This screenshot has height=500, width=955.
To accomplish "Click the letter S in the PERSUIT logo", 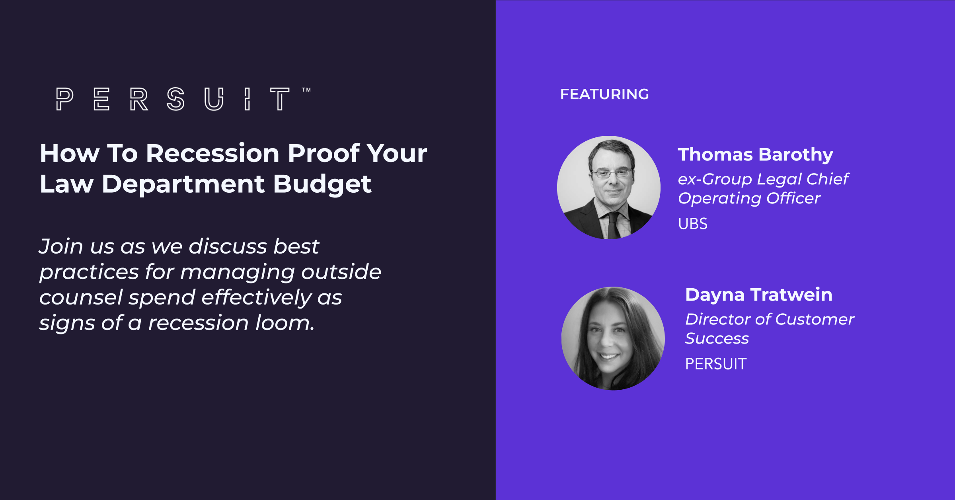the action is [175, 99].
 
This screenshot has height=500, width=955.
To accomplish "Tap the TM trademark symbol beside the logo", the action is [306, 90].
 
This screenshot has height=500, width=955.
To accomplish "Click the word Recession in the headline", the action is [213, 153].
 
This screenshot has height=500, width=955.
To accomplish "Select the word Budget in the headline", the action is [322, 184].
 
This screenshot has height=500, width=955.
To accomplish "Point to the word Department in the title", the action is [183, 184].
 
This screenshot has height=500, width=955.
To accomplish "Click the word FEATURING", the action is [604, 94].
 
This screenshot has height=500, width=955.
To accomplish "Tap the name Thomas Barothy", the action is [755, 154].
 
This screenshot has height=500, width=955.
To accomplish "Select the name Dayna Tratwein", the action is [758, 295].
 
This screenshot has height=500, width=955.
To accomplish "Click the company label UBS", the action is [693, 224].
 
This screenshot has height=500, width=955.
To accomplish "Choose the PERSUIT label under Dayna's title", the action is [716, 364].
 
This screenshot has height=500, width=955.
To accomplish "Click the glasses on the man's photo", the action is [612, 173].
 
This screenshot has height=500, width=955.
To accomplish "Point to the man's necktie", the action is [614, 225].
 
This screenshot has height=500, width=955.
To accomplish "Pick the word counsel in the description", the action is [81, 297].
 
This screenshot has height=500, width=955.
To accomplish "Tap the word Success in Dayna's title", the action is [717, 338].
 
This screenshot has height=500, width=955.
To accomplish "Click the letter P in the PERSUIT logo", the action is [64, 99].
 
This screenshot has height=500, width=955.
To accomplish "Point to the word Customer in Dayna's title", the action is [815, 319].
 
